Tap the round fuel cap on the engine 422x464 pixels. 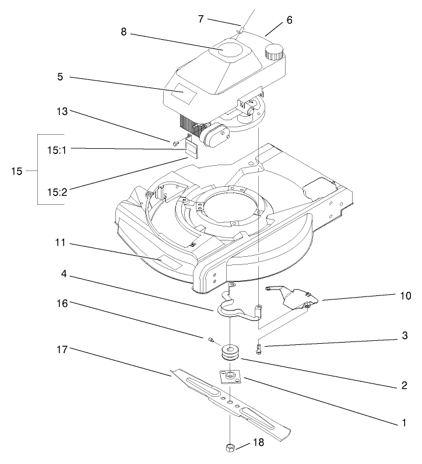273,54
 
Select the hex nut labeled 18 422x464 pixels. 230,447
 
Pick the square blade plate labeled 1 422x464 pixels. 231,376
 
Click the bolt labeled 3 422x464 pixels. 259,350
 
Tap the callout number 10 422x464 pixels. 406,296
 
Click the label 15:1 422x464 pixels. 57,149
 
